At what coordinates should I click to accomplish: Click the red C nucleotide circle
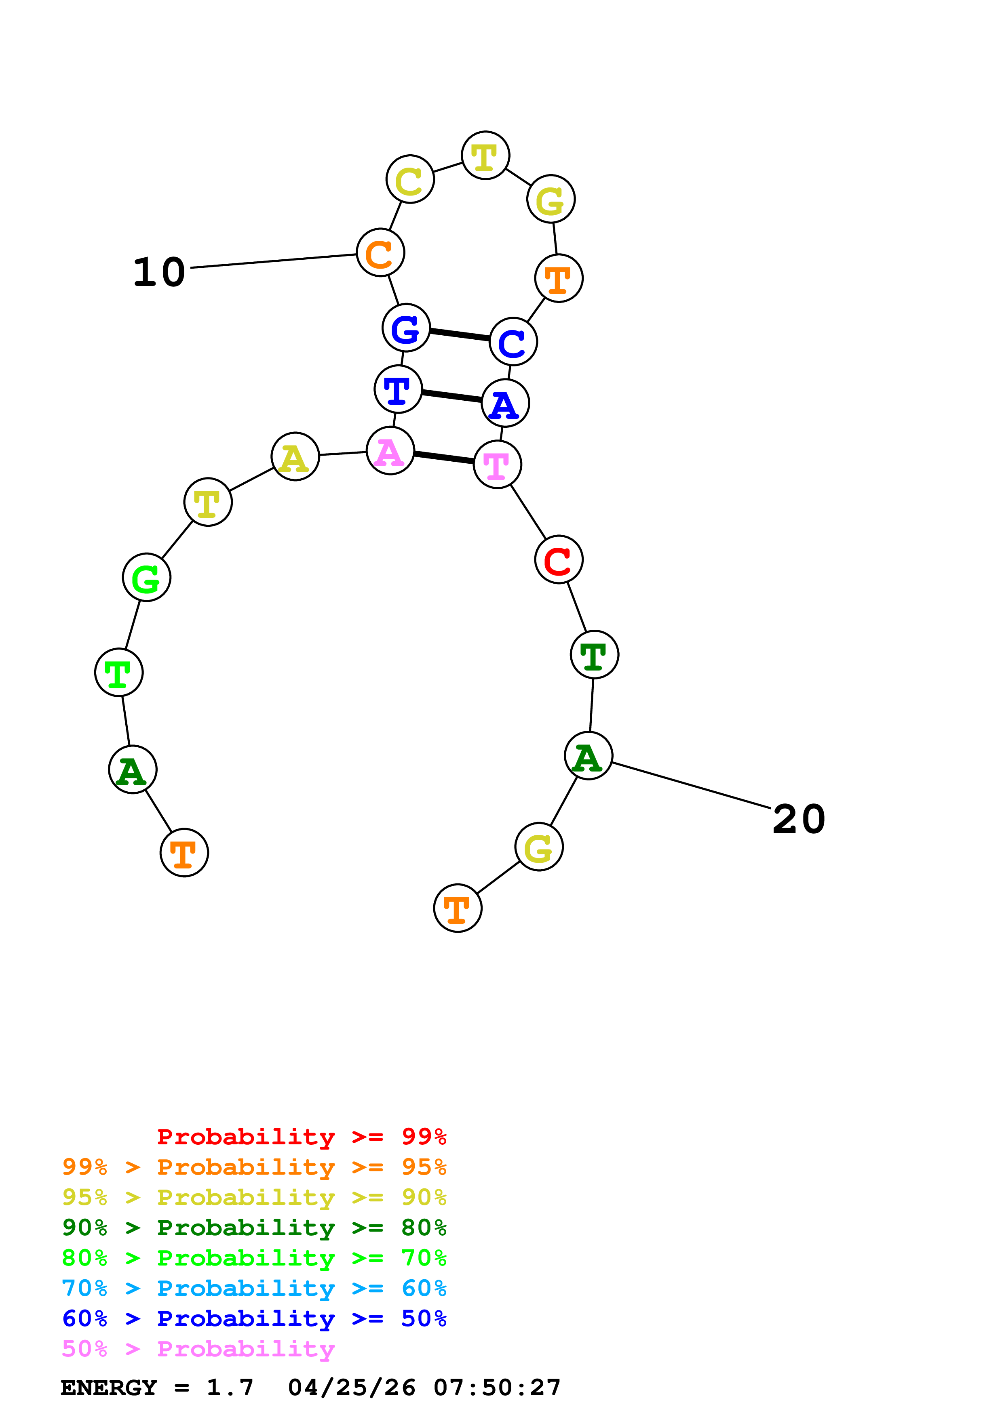coord(559,560)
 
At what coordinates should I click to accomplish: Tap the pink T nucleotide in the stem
coord(498,464)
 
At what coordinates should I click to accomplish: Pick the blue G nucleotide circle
coord(406,328)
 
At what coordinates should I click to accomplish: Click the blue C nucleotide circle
coord(513,341)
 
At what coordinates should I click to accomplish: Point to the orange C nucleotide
coord(381,252)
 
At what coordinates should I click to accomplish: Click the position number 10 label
coord(159,272)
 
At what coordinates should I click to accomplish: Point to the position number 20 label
coord(798,819)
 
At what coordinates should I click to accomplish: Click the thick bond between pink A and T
coord(444,457)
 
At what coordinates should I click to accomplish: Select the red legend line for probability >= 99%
coord(301,1136)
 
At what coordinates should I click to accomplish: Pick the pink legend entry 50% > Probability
coord(198,1348)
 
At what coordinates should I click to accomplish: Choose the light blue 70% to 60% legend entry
coord(254,1288)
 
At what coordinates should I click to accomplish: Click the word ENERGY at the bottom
coord(109,1388)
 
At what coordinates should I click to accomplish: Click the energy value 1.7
coord(230,1388)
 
